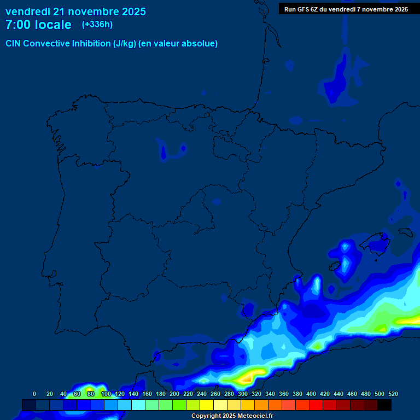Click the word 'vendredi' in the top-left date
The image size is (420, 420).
[x=28, y=11]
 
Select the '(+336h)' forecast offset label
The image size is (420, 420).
[x=97, y=25]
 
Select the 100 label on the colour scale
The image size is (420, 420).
[x=106, y=394]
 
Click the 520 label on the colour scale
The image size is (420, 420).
[x=393, y=394]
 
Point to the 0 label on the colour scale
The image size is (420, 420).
[x=34, y=394]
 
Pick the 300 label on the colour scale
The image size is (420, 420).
[x=242, y=394]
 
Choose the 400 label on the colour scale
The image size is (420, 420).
[x=311, y=394]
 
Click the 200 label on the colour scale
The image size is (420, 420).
[x=174, y=394]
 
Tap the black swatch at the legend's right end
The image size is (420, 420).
[x=384, y=405]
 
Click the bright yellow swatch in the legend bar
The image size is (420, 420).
[x=207, y=405]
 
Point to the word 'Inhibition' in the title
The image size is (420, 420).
[x=91, y=44]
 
